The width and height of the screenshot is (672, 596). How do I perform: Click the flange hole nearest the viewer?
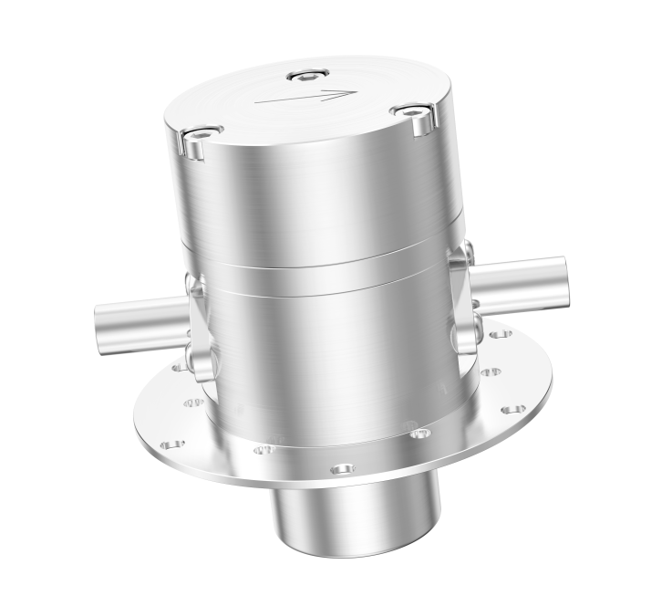[341, 469]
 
